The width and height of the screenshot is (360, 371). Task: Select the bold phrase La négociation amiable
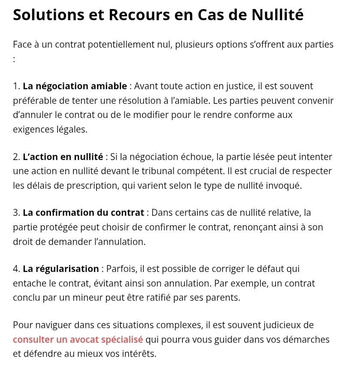click(x=75, y=86)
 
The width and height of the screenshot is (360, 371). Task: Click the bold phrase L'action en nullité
click(x=63, y=157)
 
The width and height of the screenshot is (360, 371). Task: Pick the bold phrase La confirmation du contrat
click(x=83, y=213)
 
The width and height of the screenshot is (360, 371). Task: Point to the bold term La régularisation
click(x=61, y=269)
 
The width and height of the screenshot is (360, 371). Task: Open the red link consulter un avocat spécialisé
click(x=78, y=340)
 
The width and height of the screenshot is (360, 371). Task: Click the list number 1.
click(x=16, y=86)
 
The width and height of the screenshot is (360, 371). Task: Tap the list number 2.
click(x=16, y=157)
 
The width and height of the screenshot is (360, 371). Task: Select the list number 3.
click(x=16, y=213)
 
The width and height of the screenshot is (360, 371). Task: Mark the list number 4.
click(x=16, y=269)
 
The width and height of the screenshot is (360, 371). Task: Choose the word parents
click(x=221, y=298)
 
